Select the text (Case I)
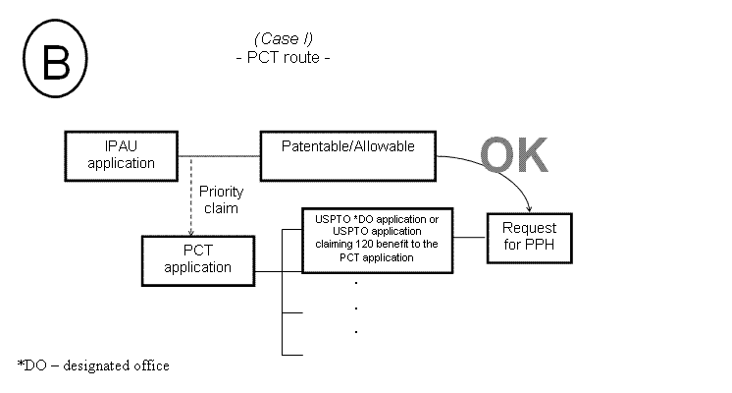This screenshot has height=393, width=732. [x=283, y=38]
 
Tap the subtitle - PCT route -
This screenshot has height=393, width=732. [x=283, y=57]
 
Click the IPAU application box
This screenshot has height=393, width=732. [x=121, y=154]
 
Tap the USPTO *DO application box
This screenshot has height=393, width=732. [x=376, y=237]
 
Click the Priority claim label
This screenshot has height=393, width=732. [x=218, y=199]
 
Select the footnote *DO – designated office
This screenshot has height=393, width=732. [x=93, y=365]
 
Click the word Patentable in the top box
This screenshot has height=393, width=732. [x=314, y=146]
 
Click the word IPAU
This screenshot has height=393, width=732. [x=122, y=145]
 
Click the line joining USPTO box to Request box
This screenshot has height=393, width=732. [x=470, y=237]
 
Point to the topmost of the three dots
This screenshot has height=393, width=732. [x=354, y=283]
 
